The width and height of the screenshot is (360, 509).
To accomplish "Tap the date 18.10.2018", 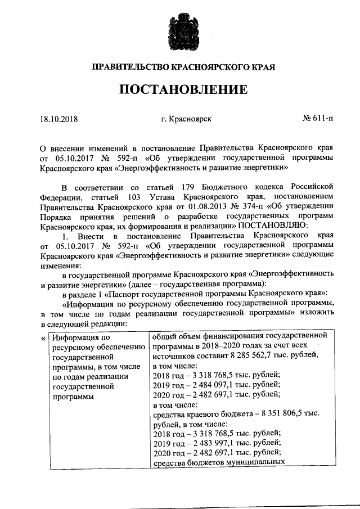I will (x=58, y=119).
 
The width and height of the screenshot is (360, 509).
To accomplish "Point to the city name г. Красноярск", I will (x=186, y=119).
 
